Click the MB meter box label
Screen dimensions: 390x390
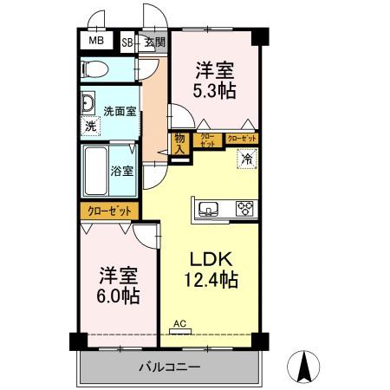(x=96, y=40)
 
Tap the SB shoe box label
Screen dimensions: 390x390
(x=127, y=42)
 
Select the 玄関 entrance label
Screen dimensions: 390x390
(x=155, y=42)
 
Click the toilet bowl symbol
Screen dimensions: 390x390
(x=94, y=69)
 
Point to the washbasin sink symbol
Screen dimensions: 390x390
(x=88, y=103)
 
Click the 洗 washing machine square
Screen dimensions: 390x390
(x=90, y=126)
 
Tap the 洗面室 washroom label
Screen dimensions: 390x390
(x=120, y=111)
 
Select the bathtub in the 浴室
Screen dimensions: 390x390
(x=95, y=171)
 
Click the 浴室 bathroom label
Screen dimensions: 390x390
(x=122, y=171)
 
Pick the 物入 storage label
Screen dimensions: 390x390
(x=179, y=144)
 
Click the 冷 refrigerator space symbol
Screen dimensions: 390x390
(x=247, y=159)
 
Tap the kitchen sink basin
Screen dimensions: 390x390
(x=208, y=209)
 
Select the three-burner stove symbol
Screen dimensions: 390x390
(x=244, y=209)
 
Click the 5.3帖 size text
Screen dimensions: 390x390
(x=215, y=90)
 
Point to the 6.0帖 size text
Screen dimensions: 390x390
(x=118, y=296)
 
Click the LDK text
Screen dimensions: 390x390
(x=211, y=259)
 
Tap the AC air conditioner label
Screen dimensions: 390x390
(x=179, y=324)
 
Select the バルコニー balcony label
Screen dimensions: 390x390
(x=170, y=367)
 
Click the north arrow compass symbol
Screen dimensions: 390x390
(x=303, y=366)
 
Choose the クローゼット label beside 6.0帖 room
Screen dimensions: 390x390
(x=109, y=211)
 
